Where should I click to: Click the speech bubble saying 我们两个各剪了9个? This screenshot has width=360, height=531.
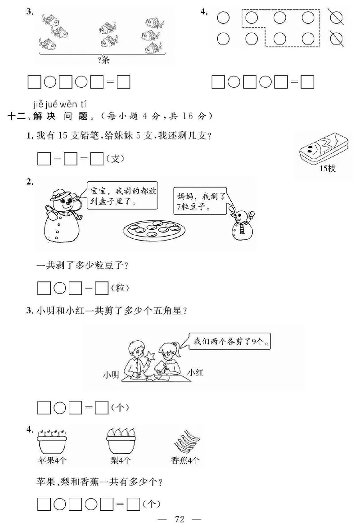229,342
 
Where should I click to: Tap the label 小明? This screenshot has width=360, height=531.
111,374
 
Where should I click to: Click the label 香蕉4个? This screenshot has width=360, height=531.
185,460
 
